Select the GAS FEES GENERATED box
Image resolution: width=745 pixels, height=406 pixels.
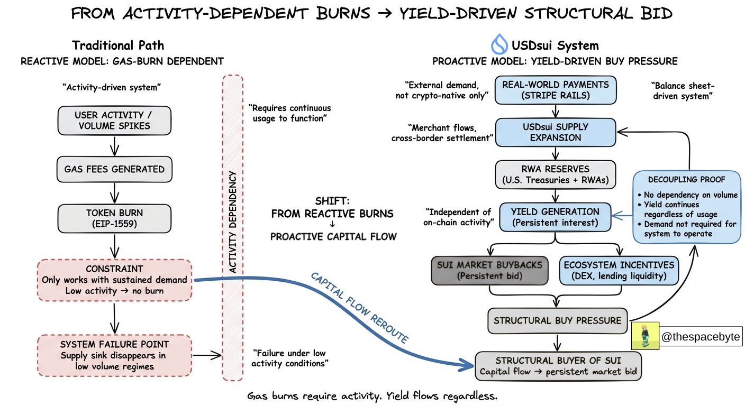114,169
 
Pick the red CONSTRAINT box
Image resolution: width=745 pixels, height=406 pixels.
114,280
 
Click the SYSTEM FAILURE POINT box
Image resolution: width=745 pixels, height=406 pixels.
114,355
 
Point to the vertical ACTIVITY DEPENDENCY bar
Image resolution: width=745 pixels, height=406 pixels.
233,227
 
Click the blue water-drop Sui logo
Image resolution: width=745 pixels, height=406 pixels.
499,44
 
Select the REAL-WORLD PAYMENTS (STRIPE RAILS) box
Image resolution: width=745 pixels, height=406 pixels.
556,90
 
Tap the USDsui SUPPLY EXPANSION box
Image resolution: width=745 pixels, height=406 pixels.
556,132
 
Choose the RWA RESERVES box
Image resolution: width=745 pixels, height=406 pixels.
556,174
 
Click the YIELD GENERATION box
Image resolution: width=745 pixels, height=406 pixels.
556,217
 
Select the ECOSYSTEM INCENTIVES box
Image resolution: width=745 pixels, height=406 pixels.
619,270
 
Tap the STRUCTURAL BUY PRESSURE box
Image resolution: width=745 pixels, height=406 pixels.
557,320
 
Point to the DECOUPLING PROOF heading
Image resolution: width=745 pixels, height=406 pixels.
687,180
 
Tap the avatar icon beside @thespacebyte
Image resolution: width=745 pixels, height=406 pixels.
645,336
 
